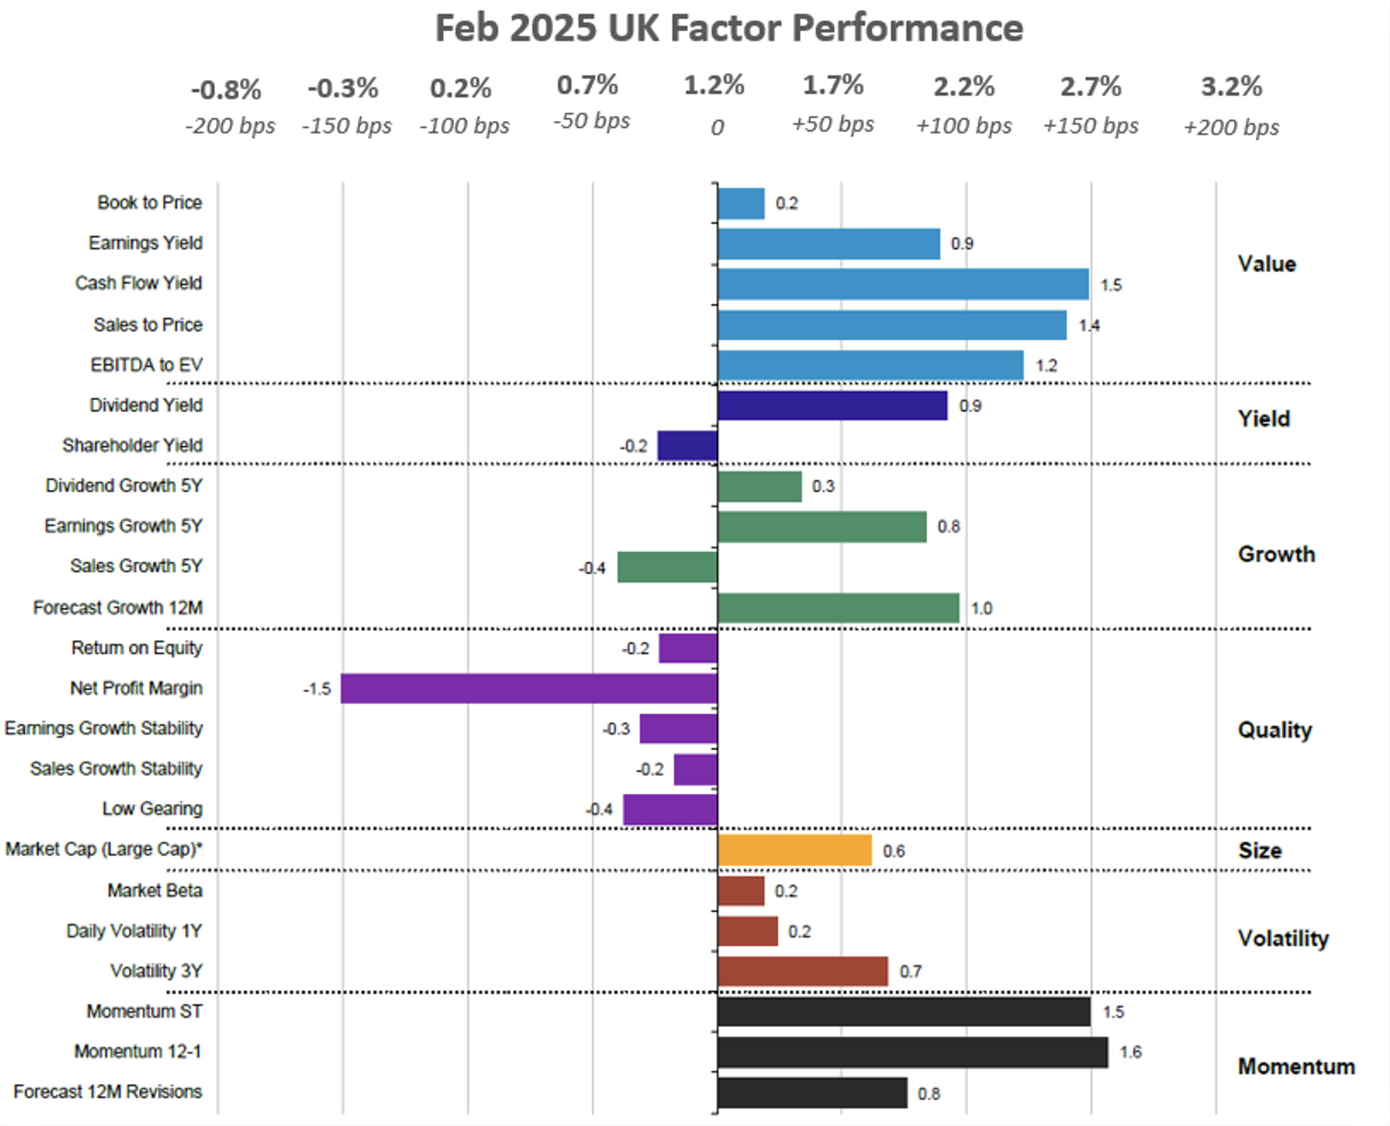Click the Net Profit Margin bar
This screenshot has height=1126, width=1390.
529,688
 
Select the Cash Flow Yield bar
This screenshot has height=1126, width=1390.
903,284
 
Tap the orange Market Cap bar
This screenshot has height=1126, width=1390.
795,850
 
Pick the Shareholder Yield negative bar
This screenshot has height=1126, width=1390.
688,446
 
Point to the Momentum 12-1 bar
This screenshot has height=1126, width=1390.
912,1052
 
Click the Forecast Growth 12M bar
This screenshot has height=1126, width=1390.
838,608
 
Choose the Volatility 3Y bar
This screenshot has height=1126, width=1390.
802,971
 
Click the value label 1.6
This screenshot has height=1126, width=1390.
1130,1052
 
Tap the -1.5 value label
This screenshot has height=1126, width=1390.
317,689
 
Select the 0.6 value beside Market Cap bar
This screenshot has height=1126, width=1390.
893,851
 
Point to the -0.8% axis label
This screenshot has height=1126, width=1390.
226,90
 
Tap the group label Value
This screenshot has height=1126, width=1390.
1266,264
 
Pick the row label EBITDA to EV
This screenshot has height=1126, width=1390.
147,365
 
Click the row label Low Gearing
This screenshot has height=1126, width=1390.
152,809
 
